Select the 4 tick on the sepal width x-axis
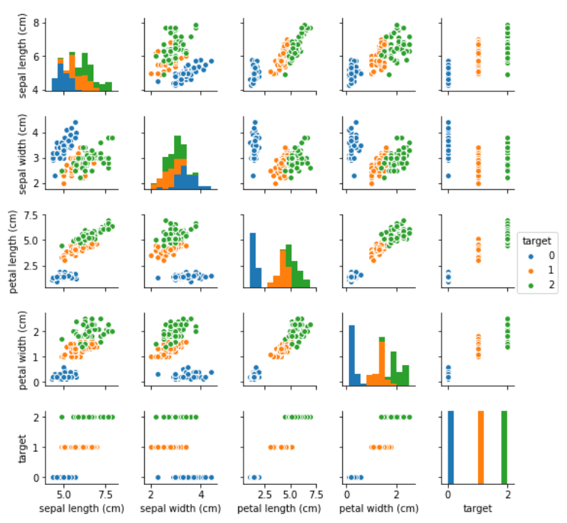tap(201, 495)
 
